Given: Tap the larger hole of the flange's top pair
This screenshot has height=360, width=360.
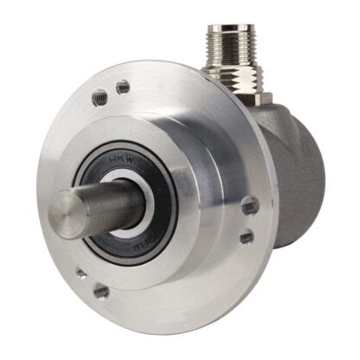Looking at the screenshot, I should click(x=122, y=87).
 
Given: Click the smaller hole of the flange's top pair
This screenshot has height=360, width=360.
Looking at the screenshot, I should click(x=103, y=97).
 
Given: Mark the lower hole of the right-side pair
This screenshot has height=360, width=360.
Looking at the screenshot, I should click(x=246, y=235).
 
